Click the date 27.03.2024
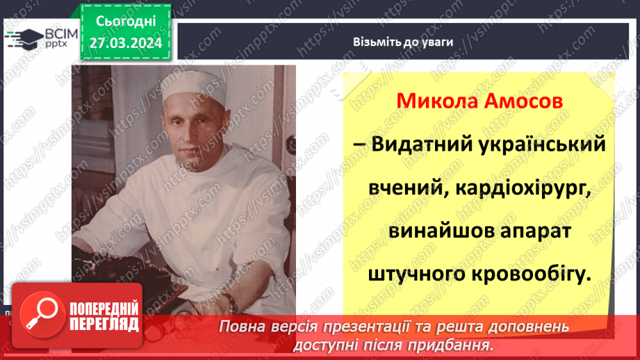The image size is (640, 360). (x=125, y=43)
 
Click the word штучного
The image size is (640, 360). (x=416, y=274)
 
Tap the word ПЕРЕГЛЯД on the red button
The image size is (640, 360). (x=105, y=325)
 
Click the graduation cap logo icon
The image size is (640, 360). (x=24, y=37)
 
